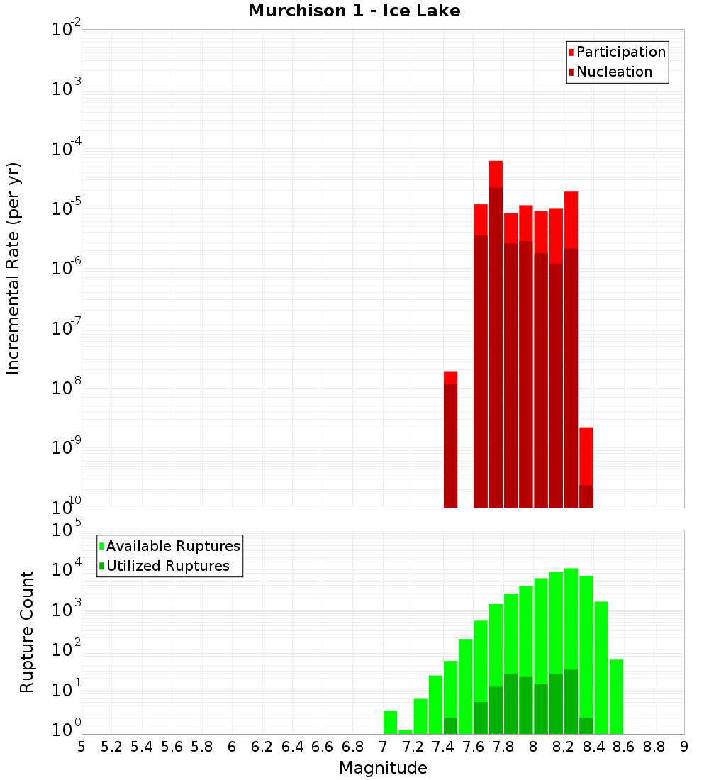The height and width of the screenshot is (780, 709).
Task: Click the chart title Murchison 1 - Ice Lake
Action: pyautogui.click(x=354, y=11)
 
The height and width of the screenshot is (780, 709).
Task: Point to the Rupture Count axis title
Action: pyautogui.click(x=27, y=632)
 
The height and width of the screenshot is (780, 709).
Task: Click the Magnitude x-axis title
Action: pyautogui.click(x=383, y=768)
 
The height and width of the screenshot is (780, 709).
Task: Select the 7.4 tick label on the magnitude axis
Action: pyautogui.click(x=443, y=747)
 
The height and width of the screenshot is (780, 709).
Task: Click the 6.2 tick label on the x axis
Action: pyautogui.click(x=262, y=747)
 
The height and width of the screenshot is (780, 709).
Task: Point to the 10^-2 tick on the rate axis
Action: pyautogui.click(x=67, y=30)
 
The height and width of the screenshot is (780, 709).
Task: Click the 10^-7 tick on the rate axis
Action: pyautogui.click(x=67, y=329)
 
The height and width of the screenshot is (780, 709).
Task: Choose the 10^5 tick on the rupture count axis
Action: pyautogui.click(x=67, y=530)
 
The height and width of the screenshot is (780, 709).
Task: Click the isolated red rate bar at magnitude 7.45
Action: pyautogui.click(x=450, y=440)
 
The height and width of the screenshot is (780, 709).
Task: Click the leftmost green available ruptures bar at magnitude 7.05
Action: pyautogui.click(x=390, y=722)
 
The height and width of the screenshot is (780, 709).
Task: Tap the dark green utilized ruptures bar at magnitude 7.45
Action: pyautogui.click(x=450, y=726)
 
